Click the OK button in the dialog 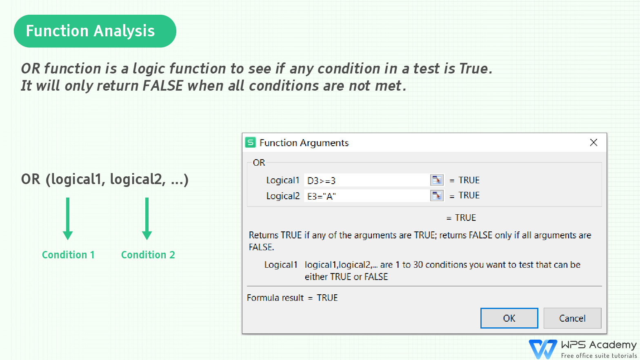click(x=509, y=318)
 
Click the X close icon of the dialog click(x=593, y=142)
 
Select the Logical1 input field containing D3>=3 click(x=367, y=180)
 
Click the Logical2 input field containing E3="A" click(x=367, y=196)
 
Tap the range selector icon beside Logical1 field click(x=437, y=180)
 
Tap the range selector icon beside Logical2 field click(x=437, y=196)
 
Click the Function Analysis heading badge click(x=95, y=31)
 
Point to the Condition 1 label click(x=68, y=255)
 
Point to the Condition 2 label click(x=148, y=255)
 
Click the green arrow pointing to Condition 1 click(x=68, y=218)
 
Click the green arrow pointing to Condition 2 click(x=147, y=218)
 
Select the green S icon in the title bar click(x=250, y=142)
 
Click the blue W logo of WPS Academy click(x=543, y=349)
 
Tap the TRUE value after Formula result click(x=327, y=298)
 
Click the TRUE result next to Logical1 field click(x=469, y=180)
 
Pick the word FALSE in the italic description click(x=163, y=86)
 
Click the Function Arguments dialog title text click(x=304, y=143)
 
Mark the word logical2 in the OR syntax click(x=138, y=179)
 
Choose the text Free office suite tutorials click(x=599, y=356)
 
